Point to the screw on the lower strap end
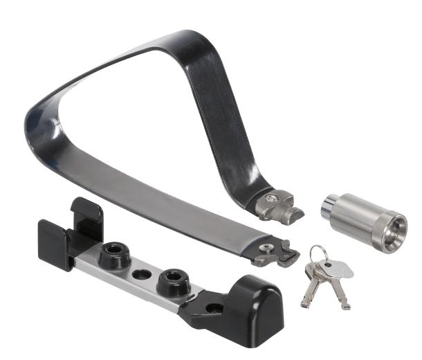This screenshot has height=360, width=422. coord(266,246)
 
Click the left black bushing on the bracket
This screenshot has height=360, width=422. coord(113,255)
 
